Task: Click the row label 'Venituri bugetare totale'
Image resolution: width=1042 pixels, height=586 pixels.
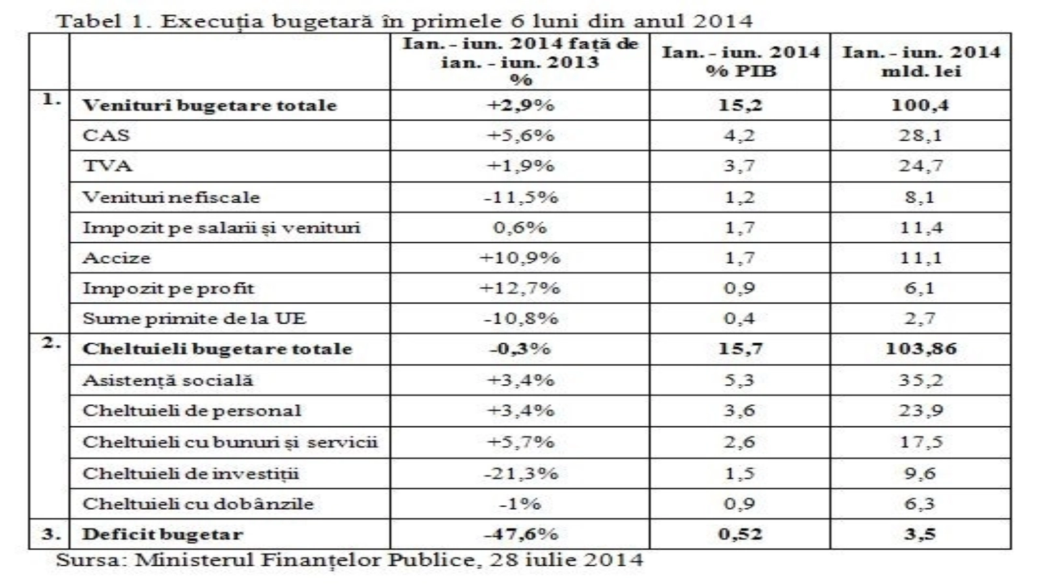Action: [209, 105]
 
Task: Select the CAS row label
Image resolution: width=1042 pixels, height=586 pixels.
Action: [106, 135]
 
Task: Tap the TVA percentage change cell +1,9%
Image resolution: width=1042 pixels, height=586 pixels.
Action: [520, 166]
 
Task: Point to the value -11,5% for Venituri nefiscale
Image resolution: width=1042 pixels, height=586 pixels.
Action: [520, 197]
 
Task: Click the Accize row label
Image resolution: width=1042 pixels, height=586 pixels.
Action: [117, 258]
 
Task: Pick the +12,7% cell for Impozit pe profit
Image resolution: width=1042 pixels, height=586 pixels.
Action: [520, 288]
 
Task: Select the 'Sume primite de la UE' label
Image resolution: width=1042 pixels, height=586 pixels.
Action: [194, 318]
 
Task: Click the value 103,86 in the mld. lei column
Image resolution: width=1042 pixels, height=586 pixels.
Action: [920, 348]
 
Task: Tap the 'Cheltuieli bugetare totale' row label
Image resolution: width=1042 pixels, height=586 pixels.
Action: [217, 349]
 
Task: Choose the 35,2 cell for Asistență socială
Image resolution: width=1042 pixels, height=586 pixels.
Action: [920, 380]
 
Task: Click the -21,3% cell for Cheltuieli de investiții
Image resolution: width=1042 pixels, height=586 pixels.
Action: [520, 473]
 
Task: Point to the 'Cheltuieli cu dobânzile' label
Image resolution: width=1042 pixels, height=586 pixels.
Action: [198, 504]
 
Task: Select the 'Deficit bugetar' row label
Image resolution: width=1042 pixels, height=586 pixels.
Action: [162, 535]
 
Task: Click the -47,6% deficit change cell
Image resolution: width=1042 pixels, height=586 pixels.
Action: [520, 535]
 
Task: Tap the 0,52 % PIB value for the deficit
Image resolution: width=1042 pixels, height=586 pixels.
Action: [740, 535]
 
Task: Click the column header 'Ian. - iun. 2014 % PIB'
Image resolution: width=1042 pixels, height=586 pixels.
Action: [740, 61]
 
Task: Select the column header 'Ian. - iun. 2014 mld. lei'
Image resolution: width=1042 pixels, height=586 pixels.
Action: [920, 61]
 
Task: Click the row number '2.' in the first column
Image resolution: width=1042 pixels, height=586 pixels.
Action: [51, 343]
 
